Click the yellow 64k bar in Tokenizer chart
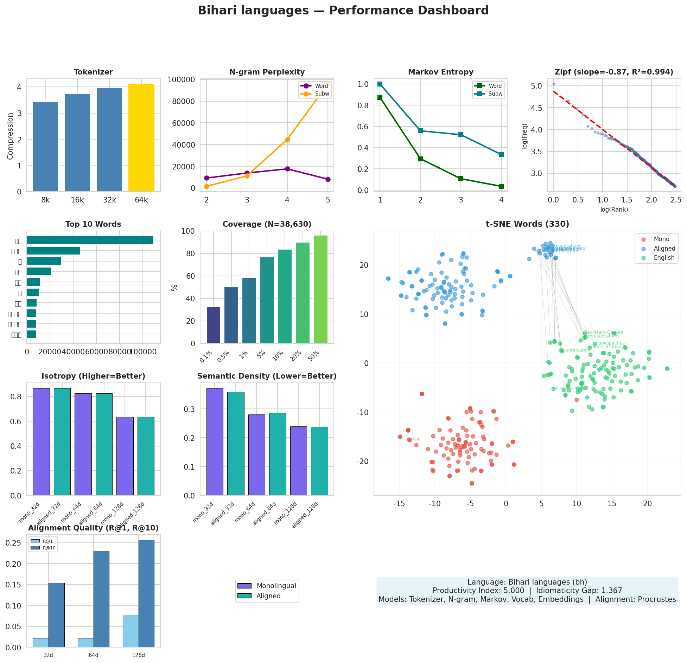[141, 138]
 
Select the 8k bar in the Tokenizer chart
[45, 147]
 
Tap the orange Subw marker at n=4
[287, 140]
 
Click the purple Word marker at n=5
[328, 179]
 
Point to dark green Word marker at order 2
[420, 159]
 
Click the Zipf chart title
[613, 72]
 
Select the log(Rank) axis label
[614, 210]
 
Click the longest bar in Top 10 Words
[90, 240]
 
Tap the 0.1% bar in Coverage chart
[214, 325]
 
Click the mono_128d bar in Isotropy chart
[125, 456]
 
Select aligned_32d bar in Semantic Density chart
[236, 443]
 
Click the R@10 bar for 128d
[146, 593]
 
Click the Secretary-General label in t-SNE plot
[604, 332]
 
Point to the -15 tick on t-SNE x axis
[399, 503]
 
